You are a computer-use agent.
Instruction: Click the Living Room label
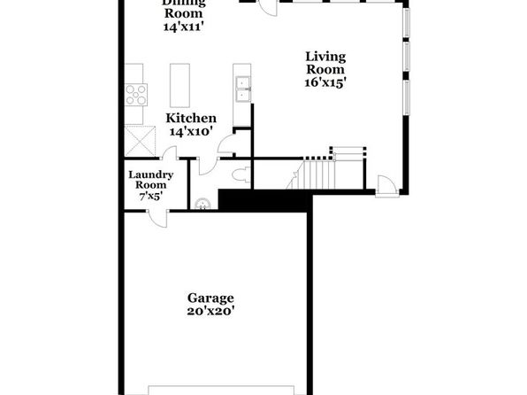[325, 63]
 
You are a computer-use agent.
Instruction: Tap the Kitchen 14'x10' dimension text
[191, 131]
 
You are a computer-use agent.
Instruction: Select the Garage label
[210, 298]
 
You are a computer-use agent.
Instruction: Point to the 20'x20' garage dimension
[210, 311]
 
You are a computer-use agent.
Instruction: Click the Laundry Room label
[151, 180]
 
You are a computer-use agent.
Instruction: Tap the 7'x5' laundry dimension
[151, 196]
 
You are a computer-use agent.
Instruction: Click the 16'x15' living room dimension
[325, 82]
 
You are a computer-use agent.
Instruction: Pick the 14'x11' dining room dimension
[184, 27]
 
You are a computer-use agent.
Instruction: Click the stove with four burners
[136, 95]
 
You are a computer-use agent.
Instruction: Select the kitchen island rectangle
[179, 85]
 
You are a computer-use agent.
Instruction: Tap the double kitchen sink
[242, 89]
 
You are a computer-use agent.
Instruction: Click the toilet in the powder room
[241, 174]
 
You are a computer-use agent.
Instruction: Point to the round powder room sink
[203, 205]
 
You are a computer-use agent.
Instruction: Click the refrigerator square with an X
[141, 141]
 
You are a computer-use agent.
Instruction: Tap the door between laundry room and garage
[158, 219]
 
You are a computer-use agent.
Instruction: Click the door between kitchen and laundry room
[169, 152]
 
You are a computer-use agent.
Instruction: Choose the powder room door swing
[207, 166]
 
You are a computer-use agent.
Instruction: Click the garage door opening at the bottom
[221, 390]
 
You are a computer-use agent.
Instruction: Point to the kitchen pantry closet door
[227, 144]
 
